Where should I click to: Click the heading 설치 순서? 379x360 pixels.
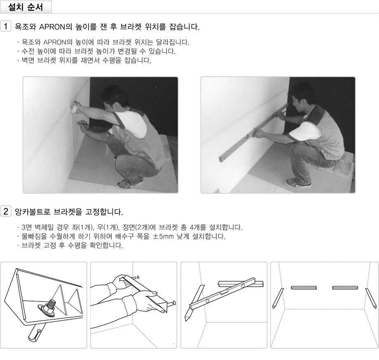tap(26, 7)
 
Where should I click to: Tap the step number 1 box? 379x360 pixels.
tap(5, 26)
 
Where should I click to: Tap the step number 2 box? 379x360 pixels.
tap(5, 211)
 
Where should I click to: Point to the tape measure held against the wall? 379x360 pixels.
tap(74, 107)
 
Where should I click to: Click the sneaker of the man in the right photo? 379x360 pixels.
tap(298, 182)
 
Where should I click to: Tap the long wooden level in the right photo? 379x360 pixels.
tap(253, 132)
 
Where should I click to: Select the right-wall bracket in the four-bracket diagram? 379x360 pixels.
tap(371, 298)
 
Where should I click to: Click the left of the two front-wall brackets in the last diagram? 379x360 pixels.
tap(304, 288)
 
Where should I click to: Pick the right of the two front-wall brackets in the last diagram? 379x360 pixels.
tap(345, 288)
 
